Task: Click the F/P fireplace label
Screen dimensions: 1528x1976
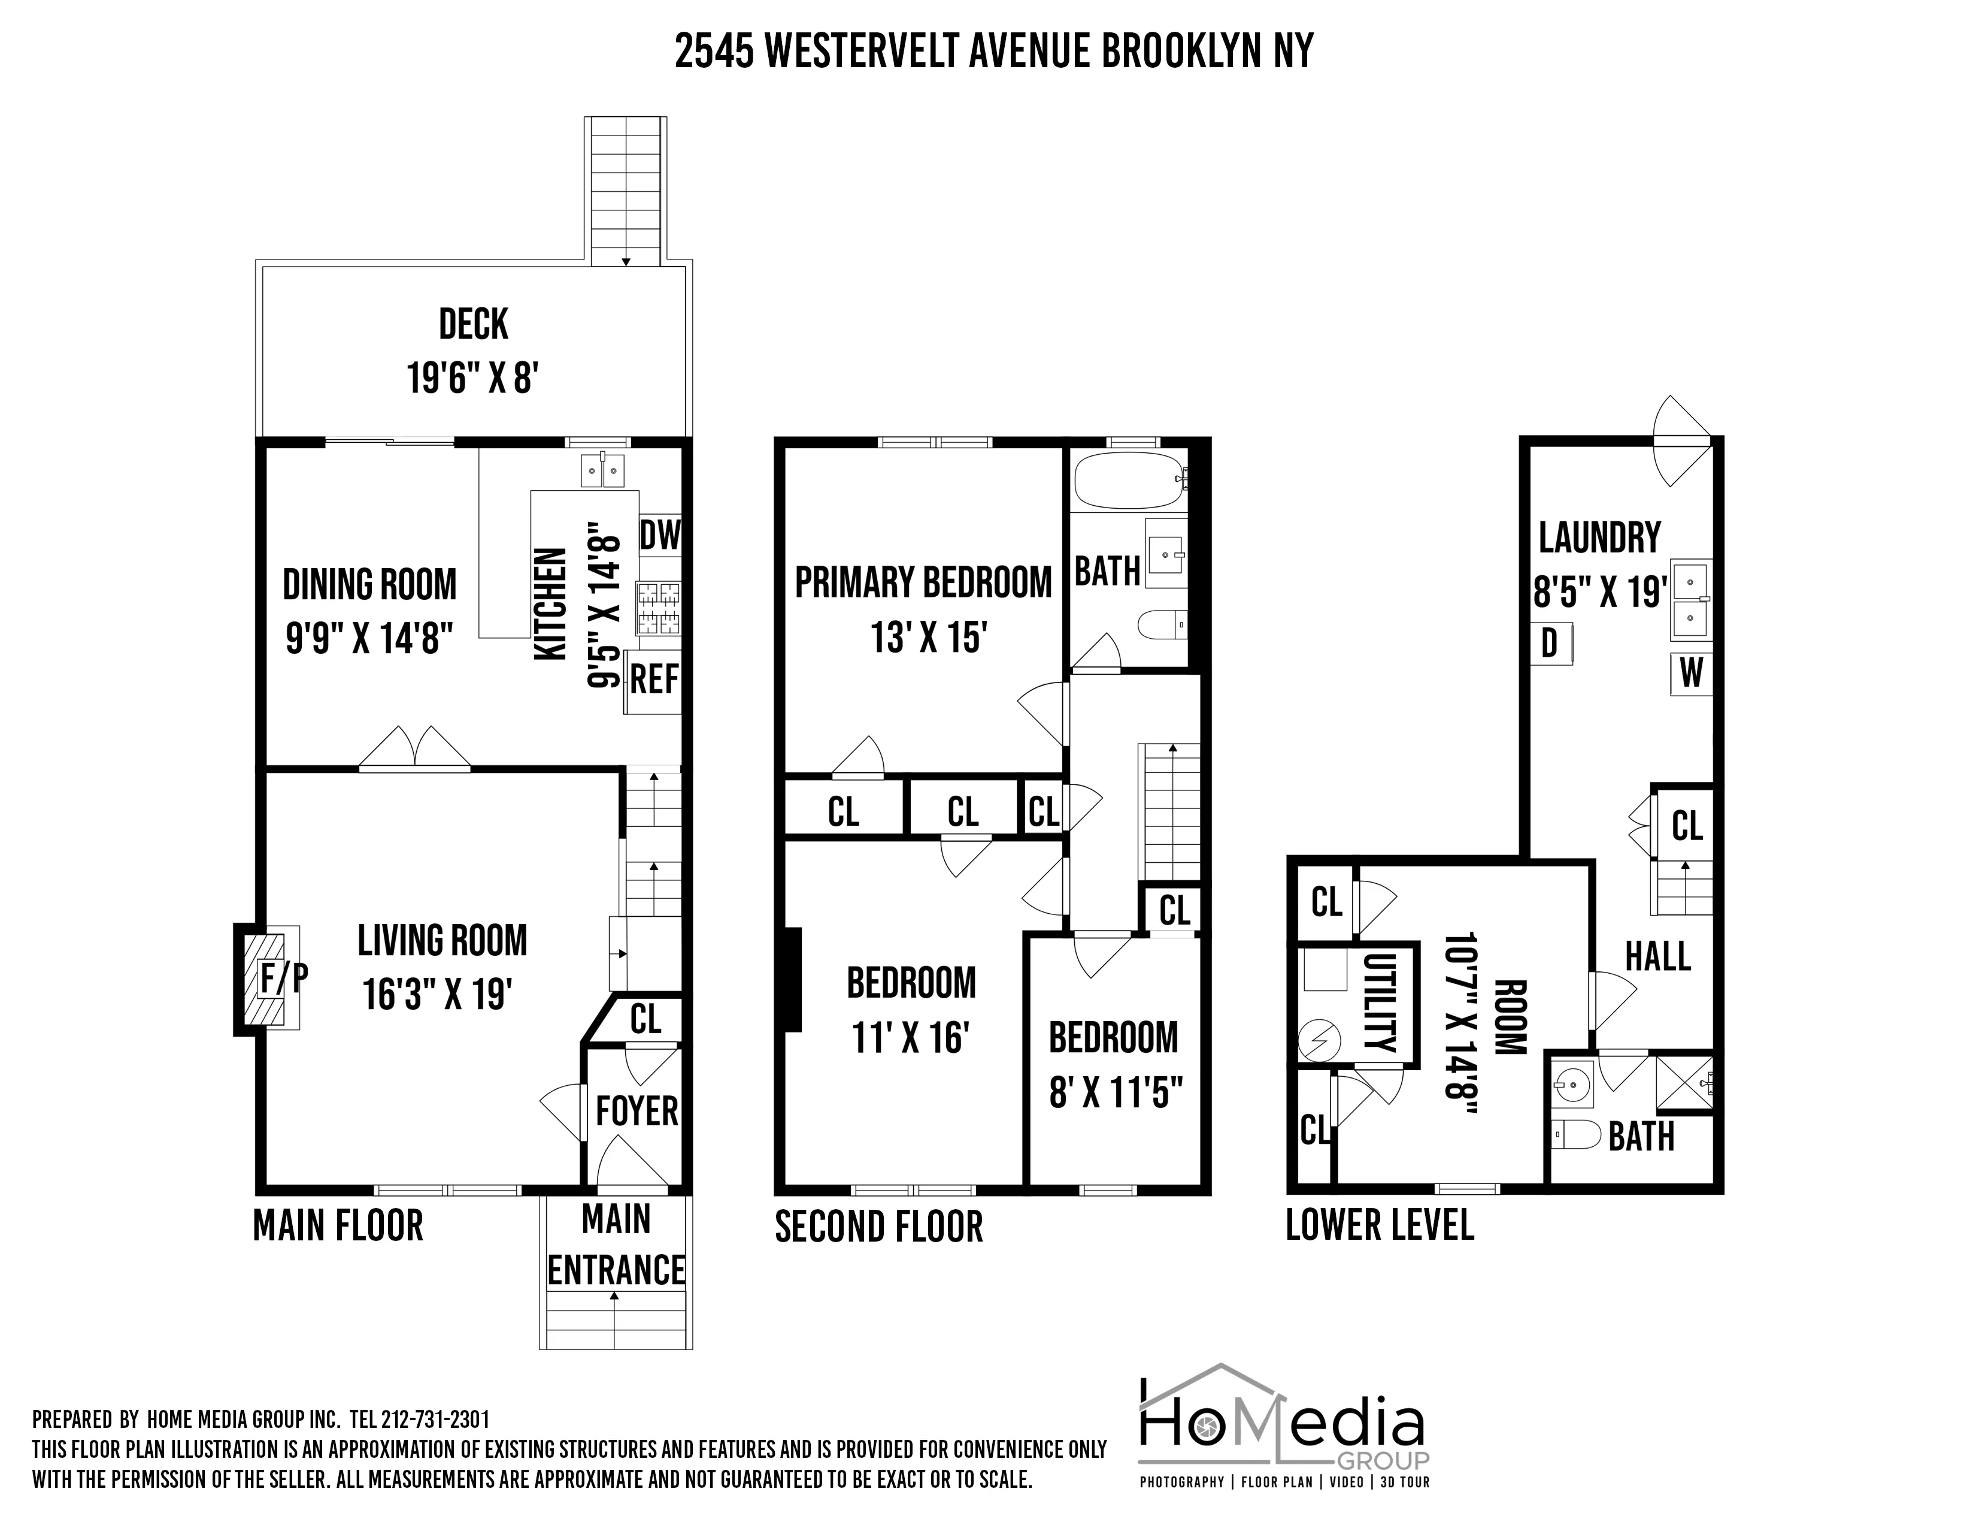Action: (284, 978)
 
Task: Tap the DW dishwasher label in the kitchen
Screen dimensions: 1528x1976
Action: (660, 535)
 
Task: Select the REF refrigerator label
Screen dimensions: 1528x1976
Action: (653, 679)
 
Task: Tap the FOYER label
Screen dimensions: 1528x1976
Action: (636, 1111)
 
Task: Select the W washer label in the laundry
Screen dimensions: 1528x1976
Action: (1691, 674)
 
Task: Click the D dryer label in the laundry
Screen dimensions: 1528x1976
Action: (1550, 644)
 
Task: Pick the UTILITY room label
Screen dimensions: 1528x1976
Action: (1379, 1002)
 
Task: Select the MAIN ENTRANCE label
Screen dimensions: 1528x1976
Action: (616, 1245)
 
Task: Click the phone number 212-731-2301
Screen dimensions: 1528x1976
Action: (435, 1420)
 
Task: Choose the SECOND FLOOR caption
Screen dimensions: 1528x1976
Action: (878, 1227)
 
